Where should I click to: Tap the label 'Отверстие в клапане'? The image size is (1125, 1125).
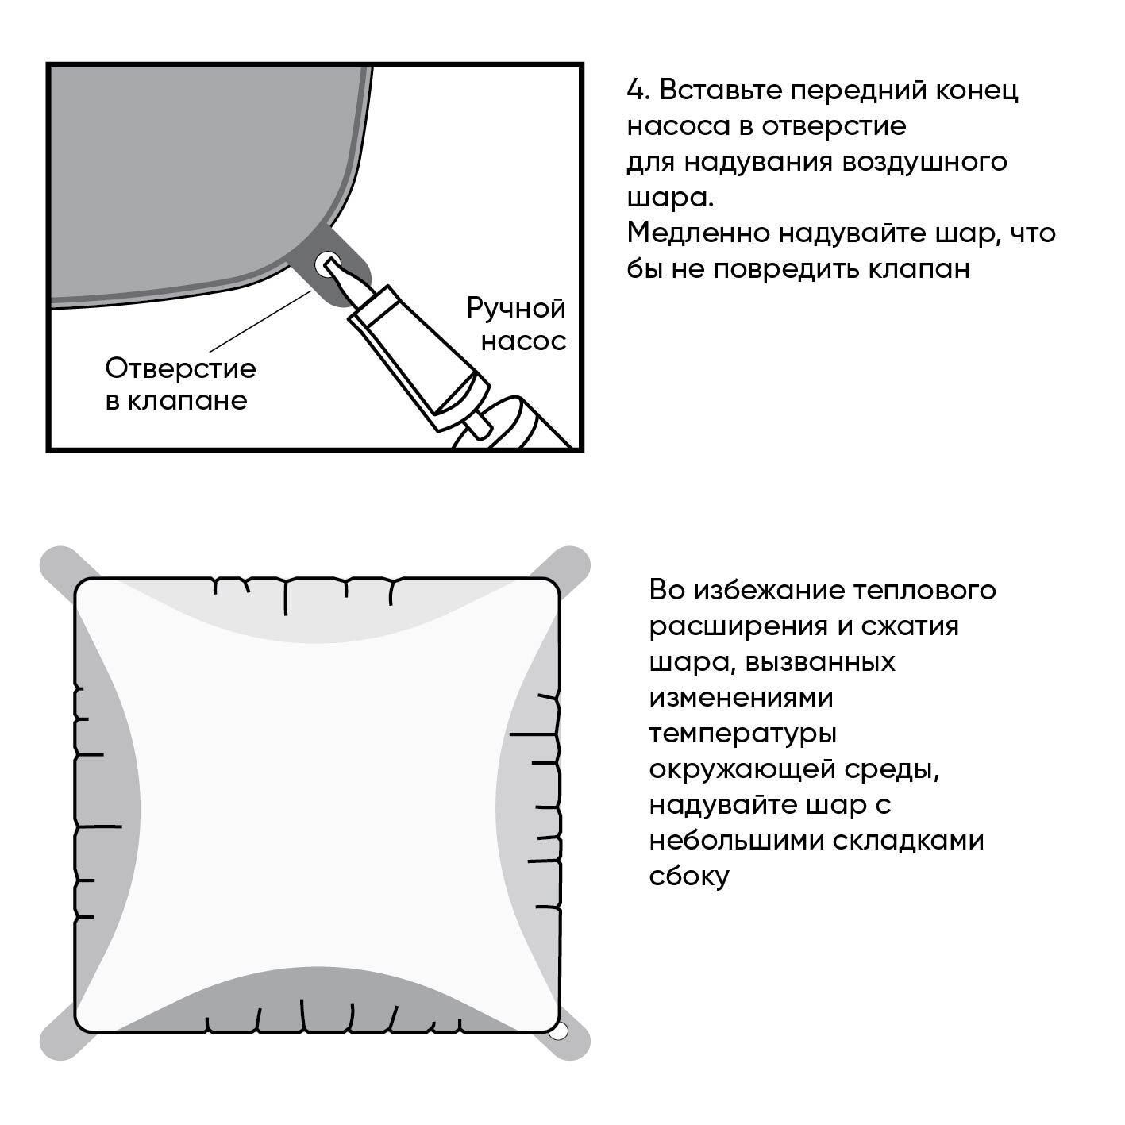click(x=180, y=383)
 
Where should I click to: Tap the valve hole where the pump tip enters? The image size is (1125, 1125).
click(x=326, y=264)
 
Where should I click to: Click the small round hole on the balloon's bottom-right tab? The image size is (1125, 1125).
click(x=558, y=1031)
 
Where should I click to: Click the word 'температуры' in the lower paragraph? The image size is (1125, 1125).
click(x=742, y=734)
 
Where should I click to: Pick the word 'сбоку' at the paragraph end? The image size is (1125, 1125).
click(x=688, y=876)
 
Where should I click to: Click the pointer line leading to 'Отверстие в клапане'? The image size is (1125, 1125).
click(x=260, y=321)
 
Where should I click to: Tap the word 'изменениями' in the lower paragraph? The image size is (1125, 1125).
click(x=741, y=698)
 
